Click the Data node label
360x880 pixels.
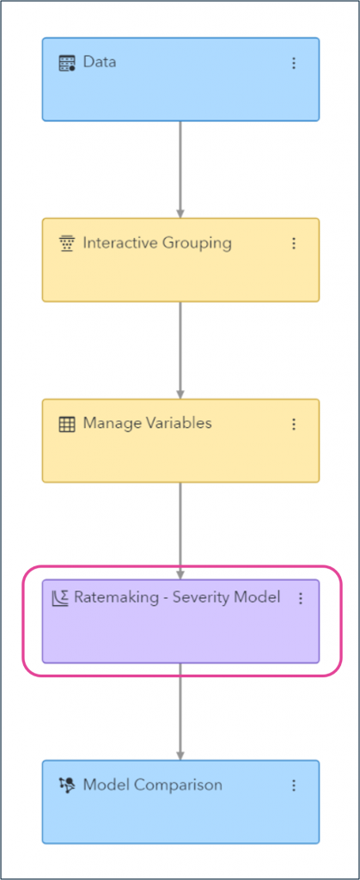pos(99,63)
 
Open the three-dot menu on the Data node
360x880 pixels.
pos(294,63)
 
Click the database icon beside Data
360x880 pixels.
pos(67,63)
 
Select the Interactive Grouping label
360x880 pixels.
pos(156,243)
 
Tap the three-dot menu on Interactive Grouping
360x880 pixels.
pos(294,243)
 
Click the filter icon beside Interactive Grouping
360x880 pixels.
pos(67,244)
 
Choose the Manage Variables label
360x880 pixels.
pos(147,424)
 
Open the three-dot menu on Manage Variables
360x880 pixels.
pos(294,424)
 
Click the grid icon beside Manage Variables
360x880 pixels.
pos(67,424)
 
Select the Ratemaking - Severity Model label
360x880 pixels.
pos(177,597)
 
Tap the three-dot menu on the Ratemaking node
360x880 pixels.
pos(301,598)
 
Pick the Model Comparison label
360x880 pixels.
pos(152,785)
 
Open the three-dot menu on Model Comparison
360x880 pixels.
pos(294,785)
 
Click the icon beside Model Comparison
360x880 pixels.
pos(67,785)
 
